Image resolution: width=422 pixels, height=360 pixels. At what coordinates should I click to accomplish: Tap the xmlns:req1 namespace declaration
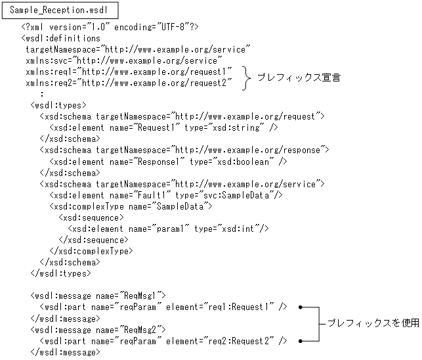pyautogui.click(x=129, y=72)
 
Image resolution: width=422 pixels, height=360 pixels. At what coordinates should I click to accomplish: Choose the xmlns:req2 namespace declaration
pyautogui.click(x=129, y=83)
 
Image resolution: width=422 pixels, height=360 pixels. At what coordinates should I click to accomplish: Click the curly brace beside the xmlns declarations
pyautogui.click(x=247, y=77)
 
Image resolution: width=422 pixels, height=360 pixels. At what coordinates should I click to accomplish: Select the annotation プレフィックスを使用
pyautogui.click(x=371, y=323)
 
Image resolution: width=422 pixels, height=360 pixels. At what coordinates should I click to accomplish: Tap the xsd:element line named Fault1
pyautogui.click(x=166, y=195)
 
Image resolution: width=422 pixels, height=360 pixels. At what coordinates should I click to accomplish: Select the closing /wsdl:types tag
pyautogui.click(x=60, y=273)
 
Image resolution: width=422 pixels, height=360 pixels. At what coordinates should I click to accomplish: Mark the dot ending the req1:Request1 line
pyautogui.click(x=300, y=307)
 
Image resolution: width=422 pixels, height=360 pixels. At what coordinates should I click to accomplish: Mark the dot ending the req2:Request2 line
pyautogui.click(x=300, y=340)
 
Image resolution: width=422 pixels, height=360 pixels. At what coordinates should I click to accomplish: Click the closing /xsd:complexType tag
pyautogui.click(x=91, y=250)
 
